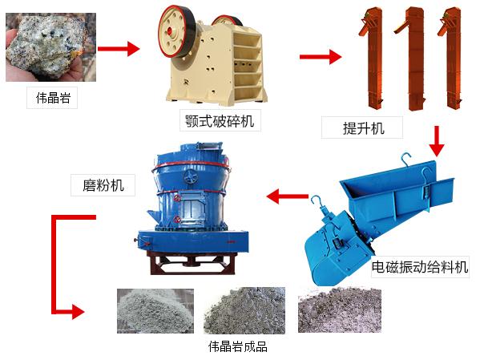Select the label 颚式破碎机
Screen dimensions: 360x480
click(x=220, y=122)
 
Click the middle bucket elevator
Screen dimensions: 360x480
click(x=412, y=59)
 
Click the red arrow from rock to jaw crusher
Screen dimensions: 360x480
click(x=120, y=49)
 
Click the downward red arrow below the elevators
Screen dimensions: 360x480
click(x=436, y=141)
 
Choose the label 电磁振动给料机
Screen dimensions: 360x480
click(x=419, y=267)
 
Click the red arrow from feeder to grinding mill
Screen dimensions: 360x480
click(x=287, y=195)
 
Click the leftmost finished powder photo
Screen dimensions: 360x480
click(x=155, y=310)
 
